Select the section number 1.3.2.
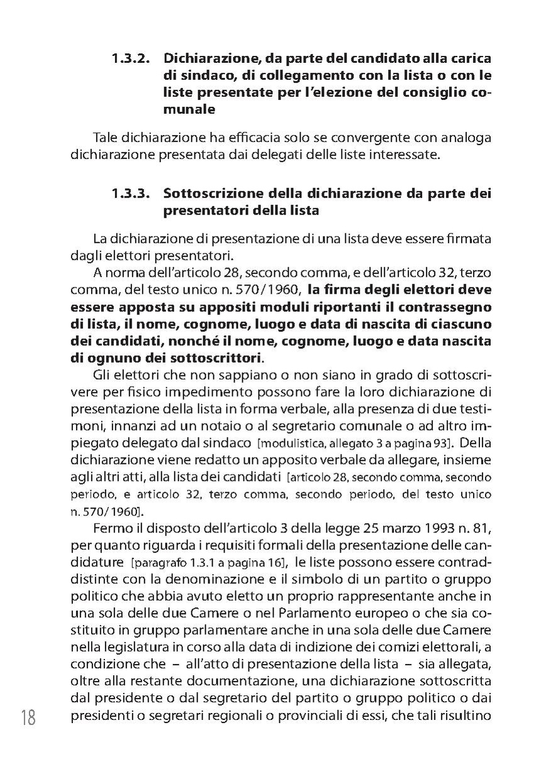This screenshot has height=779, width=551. tap(130, 59)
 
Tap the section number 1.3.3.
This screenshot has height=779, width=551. tap(130, 194)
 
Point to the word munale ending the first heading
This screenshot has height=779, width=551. tap(189, 109)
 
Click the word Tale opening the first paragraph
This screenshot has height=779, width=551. tap(105, 138)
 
